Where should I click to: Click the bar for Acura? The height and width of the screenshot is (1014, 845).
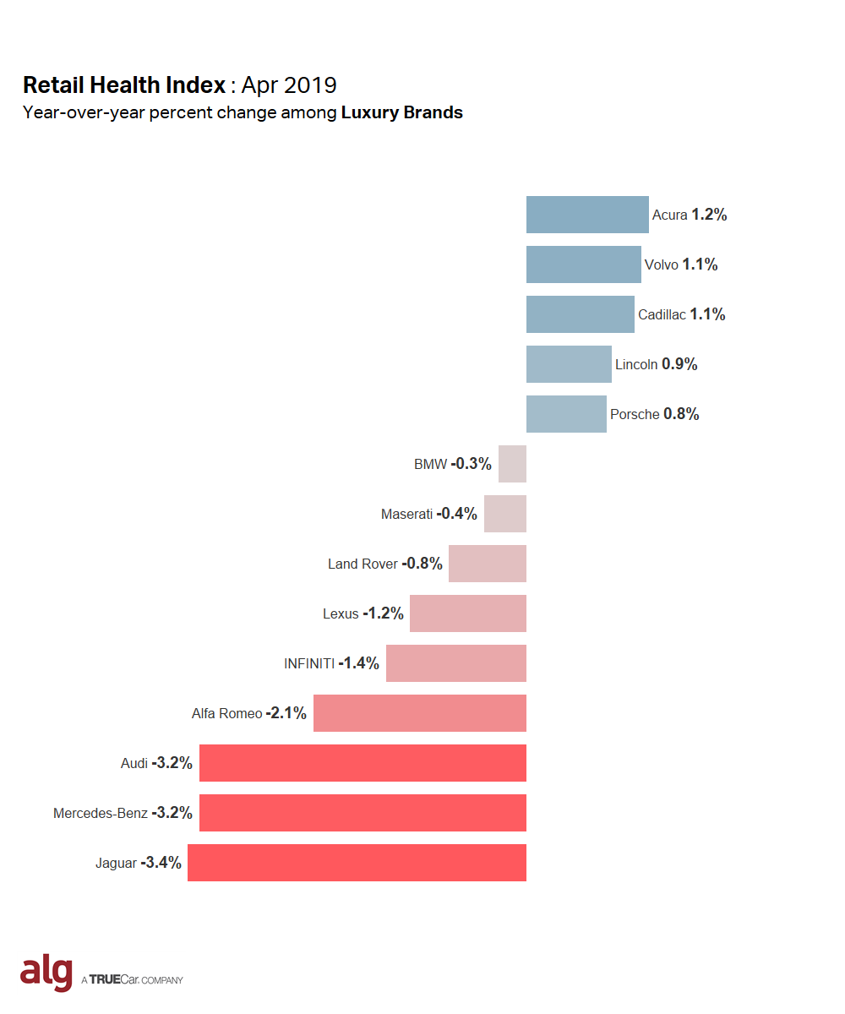[587, 215]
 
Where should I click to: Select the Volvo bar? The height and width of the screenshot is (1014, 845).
[583, 264]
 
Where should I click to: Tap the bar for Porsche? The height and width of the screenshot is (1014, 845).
[566, 414]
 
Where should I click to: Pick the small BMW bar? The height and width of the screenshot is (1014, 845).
[512, 464]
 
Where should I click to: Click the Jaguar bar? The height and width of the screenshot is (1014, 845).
[357, 863]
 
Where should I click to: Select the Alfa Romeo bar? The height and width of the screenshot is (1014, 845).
[420, 713]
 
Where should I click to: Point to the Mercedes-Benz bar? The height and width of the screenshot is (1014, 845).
[363, 813]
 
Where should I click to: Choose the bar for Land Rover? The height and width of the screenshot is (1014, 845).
[488, 564]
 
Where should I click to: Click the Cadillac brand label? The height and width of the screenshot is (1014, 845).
[662, 315]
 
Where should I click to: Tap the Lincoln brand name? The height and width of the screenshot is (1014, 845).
[636, 365]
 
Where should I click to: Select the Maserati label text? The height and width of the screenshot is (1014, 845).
[406, 514]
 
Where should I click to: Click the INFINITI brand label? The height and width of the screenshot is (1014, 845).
[309, 663]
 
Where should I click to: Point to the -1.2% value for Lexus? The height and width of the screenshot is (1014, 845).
[383, 613]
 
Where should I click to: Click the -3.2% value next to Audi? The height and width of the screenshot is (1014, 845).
[172, 763]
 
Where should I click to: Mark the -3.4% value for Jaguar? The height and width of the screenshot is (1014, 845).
[161, 863]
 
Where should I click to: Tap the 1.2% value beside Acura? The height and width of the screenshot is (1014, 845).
[709, 215]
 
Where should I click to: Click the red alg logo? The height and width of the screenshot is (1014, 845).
[46, 973]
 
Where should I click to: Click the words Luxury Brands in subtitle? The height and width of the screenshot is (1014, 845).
[402, 112]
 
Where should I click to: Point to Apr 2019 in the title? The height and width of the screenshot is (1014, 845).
[289, 85]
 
